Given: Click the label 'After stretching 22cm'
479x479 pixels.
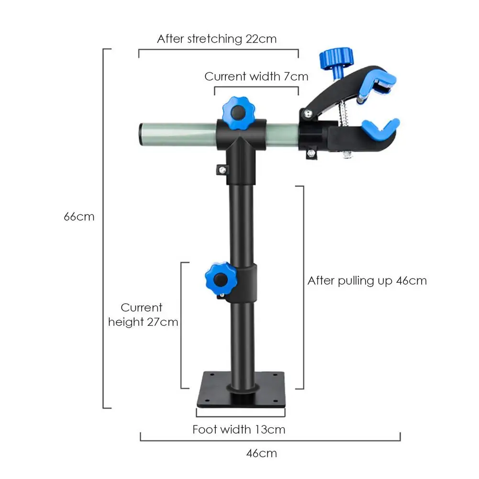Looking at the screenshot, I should tap(217, 39).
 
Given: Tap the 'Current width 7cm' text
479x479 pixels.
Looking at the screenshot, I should tap(256, 76).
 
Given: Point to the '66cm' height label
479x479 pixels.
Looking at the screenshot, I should tap(79, 216).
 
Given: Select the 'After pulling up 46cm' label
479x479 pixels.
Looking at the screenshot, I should tap(367, 280).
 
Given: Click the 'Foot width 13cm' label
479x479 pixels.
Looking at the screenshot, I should tap(239, 429).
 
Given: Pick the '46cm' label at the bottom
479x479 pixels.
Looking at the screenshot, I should tap(262, 453).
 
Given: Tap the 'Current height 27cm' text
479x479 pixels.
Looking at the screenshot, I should tap(143, 315).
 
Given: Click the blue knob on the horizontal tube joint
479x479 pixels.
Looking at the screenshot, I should tap(237, 111).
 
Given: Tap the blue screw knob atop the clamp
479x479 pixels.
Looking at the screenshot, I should tap(338, 60).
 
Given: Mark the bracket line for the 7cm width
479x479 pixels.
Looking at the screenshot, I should tap(256, 88).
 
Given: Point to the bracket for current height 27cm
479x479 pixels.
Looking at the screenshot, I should tap(181, 325).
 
